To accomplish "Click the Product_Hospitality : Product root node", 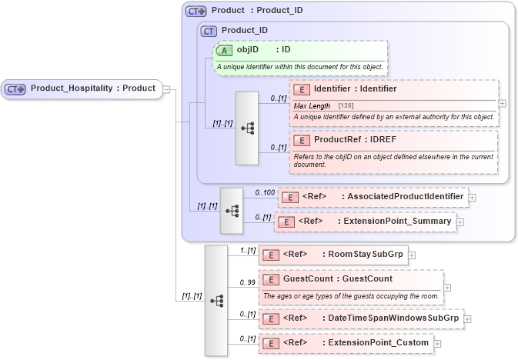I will (83, 88).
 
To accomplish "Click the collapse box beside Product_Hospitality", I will (165, 88).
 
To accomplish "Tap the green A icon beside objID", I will (225, 50).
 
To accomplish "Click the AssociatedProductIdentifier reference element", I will (373, 197).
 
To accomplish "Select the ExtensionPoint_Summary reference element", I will (366, 222).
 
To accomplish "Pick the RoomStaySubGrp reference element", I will (333, 254).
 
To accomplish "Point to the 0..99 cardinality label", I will (247, 282).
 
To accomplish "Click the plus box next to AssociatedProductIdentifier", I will (472, 197).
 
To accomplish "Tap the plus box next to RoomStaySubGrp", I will (412, 254).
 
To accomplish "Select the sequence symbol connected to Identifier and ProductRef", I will (247, 128).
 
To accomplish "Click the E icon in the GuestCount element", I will (271, 279).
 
